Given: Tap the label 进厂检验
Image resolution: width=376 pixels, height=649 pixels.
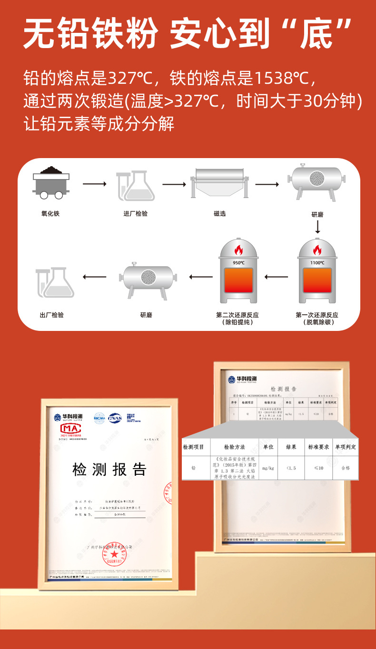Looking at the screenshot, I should coord(136,214).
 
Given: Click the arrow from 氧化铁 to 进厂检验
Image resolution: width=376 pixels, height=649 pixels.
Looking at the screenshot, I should coord(95,183).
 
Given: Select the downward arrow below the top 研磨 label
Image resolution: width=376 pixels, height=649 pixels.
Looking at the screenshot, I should coord(317,228).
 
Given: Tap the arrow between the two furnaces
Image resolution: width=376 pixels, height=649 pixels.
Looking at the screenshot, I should coord(277,277).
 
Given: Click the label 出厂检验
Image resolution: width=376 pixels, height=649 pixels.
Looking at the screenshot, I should coord(52,315).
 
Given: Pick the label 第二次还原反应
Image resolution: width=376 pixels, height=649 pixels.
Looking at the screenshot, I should coord(237,315).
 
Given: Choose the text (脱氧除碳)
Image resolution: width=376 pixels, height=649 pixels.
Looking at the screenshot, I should coord(317,323).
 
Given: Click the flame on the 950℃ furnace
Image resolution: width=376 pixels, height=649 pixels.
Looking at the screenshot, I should coord(238,250).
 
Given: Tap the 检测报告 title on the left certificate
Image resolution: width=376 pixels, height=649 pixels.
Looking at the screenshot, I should coord(109,469).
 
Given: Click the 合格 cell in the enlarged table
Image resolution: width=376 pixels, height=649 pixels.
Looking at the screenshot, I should coord(345,468).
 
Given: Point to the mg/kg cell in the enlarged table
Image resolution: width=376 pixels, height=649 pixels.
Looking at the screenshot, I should coord(268,468).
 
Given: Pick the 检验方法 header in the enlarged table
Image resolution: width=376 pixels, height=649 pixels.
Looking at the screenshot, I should coord(234,447).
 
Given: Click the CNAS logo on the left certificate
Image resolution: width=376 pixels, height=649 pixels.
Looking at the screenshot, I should coord(115,418).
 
